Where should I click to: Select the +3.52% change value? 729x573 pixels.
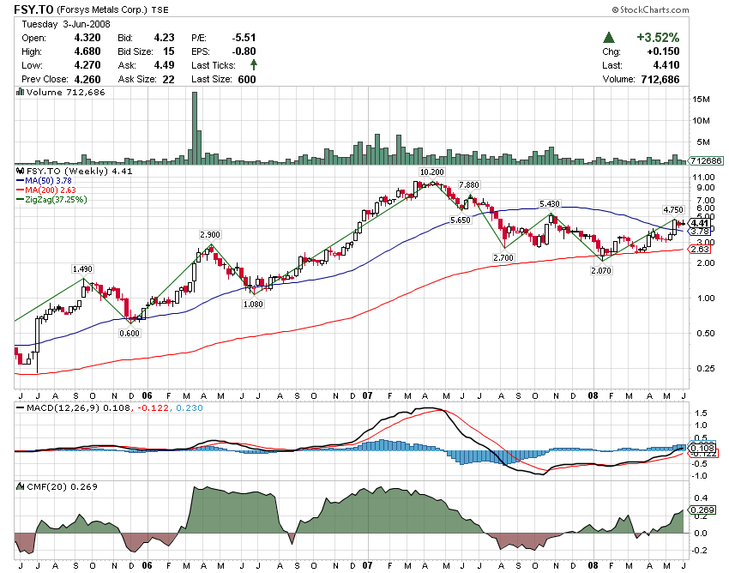coord(658,38)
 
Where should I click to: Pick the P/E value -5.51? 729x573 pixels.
coord(244,38)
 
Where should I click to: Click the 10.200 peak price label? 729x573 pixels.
coord(431,172)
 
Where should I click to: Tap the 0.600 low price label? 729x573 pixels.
coord(130,333)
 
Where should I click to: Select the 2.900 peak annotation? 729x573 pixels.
coord(211,234)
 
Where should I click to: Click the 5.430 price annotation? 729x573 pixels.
coord(549,203)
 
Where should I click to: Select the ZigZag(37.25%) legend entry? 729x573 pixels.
coord(56,199)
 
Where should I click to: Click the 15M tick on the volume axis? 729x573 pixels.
coord(700,100)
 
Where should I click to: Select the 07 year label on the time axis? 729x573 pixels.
coord(367,396)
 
